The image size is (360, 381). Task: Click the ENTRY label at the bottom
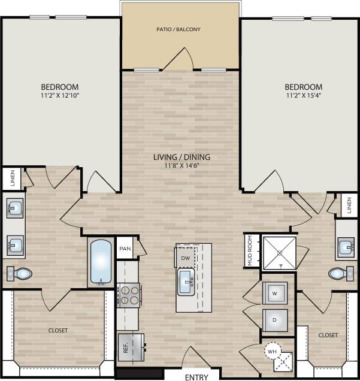[x=197, y=377]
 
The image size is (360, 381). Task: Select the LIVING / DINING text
[x=181, y=157]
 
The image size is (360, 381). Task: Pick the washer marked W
[x=274, y=293]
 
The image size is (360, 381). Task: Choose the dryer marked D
[x=274, y=320]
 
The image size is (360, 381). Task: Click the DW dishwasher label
[x=184, y=258]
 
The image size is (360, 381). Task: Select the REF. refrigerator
[x=130, y=347]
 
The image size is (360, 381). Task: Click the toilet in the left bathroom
[x=21, y=274]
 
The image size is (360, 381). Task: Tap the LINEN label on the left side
[x=11, y=179]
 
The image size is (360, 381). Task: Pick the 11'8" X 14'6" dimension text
[x=181, y=166]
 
